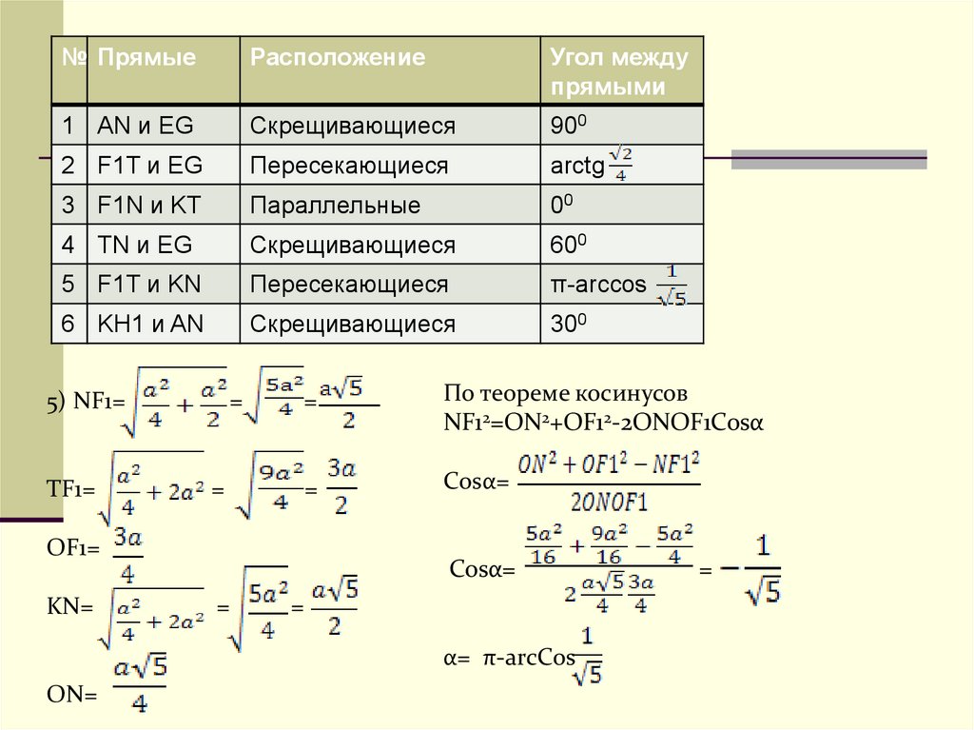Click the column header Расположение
point(337,58)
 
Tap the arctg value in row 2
point(591,166)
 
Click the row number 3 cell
point(68,206)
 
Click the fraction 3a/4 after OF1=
point(127,555)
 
